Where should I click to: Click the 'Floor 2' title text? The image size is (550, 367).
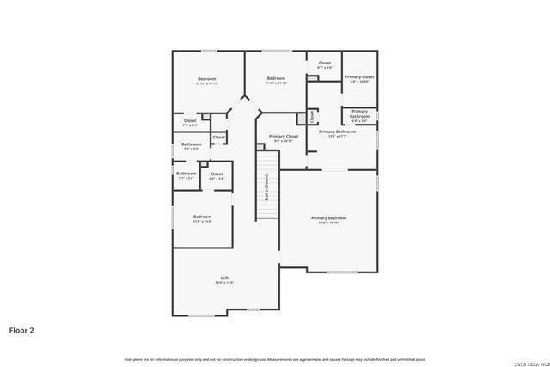tap(22, 329)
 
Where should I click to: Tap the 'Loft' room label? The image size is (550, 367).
tap(224, 278)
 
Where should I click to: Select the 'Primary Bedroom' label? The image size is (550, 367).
tap(328, 217)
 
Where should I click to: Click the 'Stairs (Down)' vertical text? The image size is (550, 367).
tap(266, 187)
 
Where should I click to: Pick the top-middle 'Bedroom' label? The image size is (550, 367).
tap(275, 78)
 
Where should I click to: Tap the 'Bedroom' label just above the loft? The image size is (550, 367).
tap(202, 216)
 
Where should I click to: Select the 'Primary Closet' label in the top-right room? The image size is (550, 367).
tap(359, 77)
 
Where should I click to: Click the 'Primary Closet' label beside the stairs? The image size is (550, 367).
tap(283, 137)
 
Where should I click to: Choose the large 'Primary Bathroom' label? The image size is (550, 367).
tap(337, 132)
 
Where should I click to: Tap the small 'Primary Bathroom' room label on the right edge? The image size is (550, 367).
tap(359, 113)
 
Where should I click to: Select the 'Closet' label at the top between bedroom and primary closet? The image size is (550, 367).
tap(324, 63)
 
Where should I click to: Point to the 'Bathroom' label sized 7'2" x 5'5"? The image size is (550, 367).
tap(191, 144)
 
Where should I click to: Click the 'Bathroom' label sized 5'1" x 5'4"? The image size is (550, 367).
tap(186, 174)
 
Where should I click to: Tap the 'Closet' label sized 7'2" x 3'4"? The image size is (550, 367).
tap(190, 121)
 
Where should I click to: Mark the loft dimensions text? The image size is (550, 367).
tap(224, 283)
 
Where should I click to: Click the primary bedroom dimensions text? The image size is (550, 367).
tap(328, 223)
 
